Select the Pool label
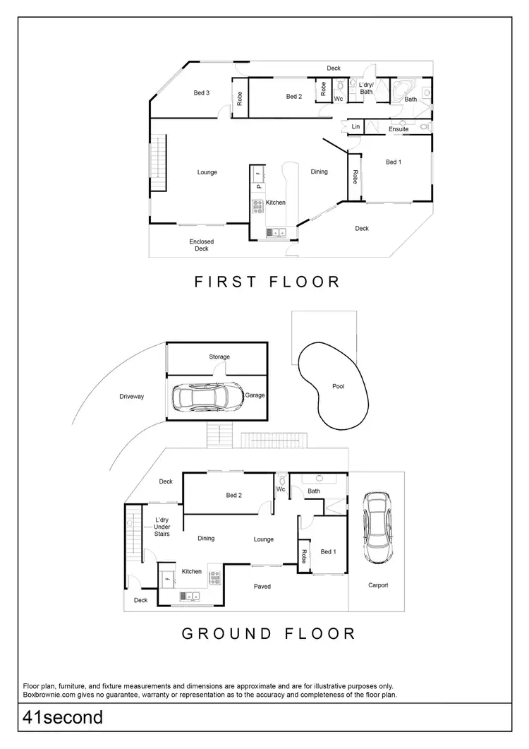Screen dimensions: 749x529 339,386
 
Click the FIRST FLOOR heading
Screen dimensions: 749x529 267,282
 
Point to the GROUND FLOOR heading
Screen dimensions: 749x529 269,633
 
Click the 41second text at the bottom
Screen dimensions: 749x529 63,718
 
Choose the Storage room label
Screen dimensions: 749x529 219,357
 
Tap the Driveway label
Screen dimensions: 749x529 132,397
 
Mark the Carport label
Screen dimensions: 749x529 378,585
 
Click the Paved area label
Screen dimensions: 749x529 262,587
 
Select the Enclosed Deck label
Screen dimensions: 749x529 201,245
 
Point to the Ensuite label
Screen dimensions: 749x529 399,129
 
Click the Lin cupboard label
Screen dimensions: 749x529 356,127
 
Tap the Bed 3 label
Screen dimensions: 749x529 201,93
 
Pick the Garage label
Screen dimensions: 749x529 255,395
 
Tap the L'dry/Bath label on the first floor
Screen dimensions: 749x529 366,88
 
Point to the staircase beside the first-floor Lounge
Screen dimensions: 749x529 157,164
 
